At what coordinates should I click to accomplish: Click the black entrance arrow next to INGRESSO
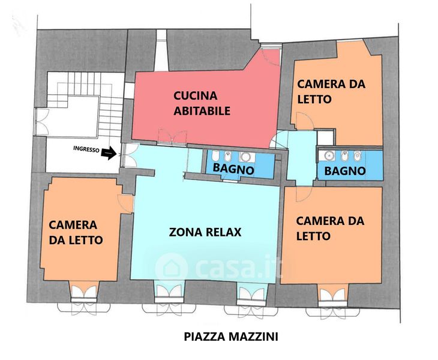(109, 153)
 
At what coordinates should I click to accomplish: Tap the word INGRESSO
(86, 149)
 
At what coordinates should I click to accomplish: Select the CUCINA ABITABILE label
(202, 103)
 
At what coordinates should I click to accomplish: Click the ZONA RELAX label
(205, 232)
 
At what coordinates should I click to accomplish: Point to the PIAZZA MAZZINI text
(231, 337)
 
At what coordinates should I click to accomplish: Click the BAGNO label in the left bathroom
(233, 169)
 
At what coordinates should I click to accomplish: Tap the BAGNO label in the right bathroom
(345, 170)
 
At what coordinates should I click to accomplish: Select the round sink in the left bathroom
(246, 157)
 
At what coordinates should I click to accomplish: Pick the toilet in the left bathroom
(215, 155)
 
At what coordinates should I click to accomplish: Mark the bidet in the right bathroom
(345, 156)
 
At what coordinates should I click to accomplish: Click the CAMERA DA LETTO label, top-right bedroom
(331, 92)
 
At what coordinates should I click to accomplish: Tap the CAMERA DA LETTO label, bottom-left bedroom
(76, 232)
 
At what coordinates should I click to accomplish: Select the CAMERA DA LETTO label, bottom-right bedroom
(330, 229)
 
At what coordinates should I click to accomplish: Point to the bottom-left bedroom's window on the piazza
(84, 299)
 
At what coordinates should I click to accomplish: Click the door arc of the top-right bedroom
(305, 121)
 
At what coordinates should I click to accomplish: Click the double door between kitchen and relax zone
(172, 137)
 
